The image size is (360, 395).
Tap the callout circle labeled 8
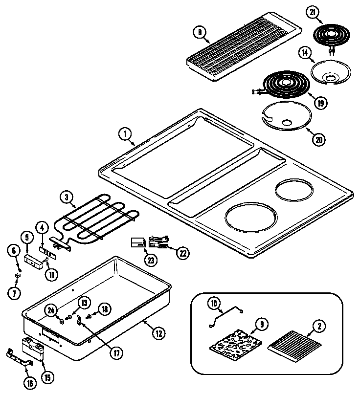200,32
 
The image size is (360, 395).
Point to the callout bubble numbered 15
47,377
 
